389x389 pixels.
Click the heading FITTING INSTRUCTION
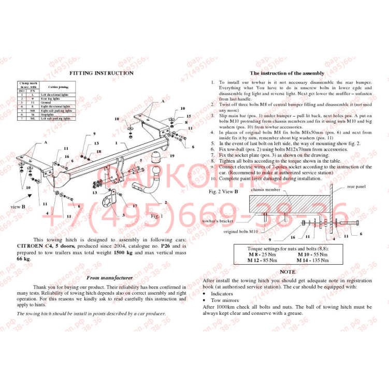coord(102,73)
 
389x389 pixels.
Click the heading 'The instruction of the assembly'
coord(287,74)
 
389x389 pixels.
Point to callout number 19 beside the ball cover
coord(171,155)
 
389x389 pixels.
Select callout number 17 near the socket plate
coord(134,206)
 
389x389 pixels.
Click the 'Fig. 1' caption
coord(155,215)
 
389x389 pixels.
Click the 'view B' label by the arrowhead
coord(19,207)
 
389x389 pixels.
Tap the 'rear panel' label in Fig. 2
coord(356,186)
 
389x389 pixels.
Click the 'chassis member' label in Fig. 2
coord(266,190)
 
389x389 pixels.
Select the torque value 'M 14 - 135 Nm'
coord(313,260)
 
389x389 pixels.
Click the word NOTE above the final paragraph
coord(287,271)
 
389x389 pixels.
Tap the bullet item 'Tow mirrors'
coord(224,300)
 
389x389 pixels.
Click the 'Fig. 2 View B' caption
coord(223,192)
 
